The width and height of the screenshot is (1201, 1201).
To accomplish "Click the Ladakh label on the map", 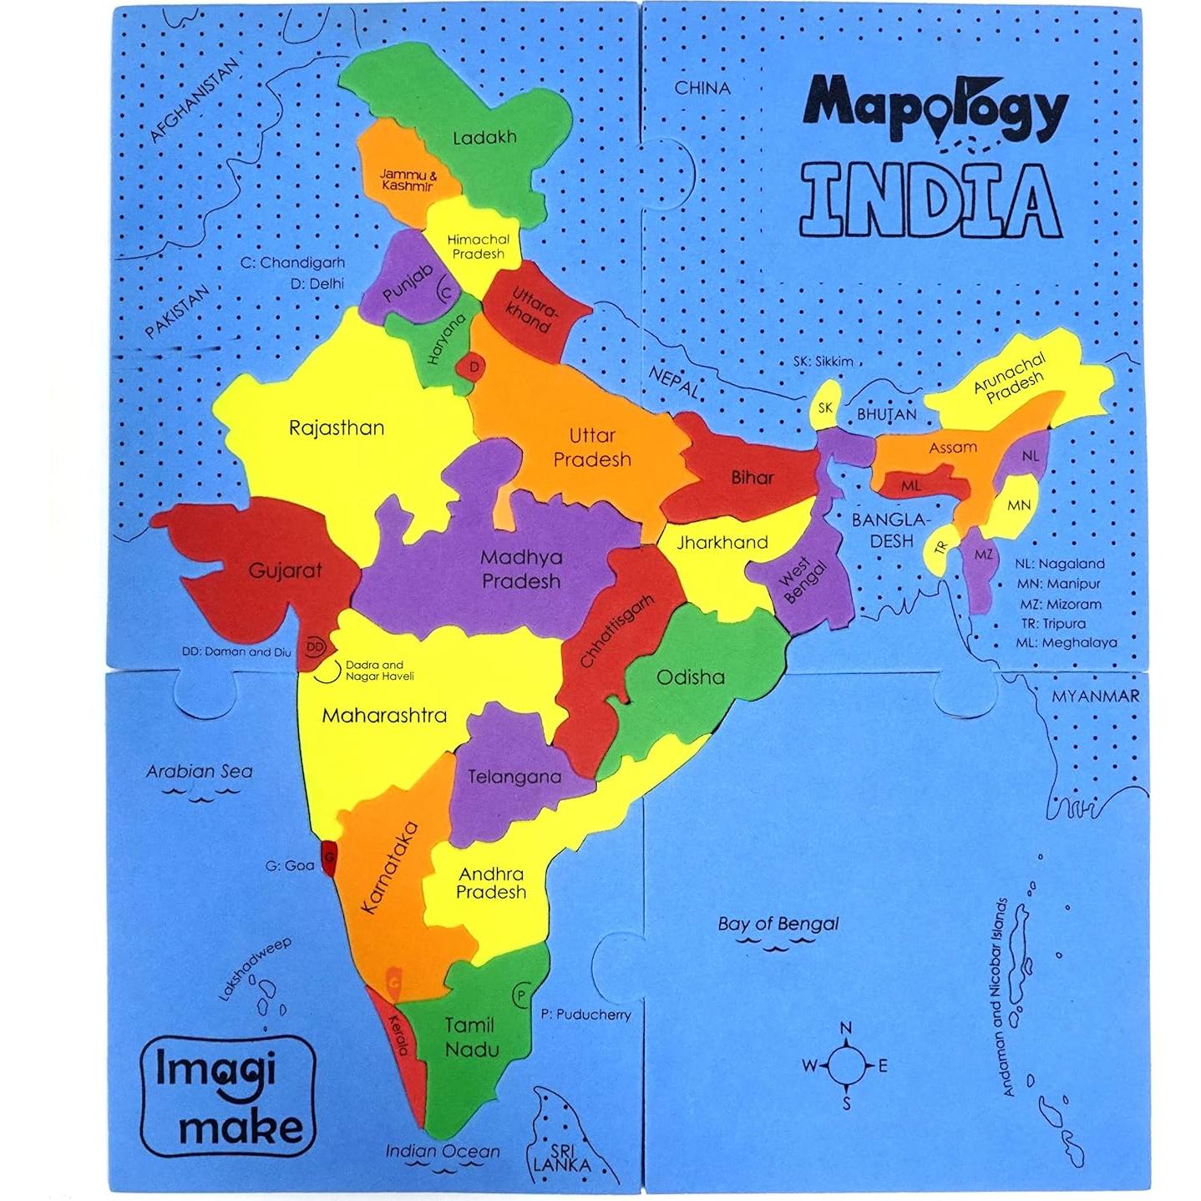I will pos(484,138).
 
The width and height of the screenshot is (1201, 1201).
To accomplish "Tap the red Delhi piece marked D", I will pos(474,367).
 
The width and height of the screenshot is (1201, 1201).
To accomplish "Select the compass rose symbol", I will pos(845,1066).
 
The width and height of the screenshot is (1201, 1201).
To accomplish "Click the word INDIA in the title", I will pos(930,200).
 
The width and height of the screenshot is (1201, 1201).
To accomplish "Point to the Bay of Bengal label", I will pos(778,924).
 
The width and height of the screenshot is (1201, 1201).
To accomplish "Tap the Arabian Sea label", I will pos(199,772).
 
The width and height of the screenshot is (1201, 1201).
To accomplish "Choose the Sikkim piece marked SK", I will pos(825,408).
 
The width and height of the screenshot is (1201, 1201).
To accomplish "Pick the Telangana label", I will pos(514,777).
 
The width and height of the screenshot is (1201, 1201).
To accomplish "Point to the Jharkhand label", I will pos(722,543).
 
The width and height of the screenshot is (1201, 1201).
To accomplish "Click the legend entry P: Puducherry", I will pos(585,1015).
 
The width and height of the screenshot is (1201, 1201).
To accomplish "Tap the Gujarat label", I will pos(285,571).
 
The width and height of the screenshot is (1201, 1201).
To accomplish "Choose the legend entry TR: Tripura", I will pos(1052,624).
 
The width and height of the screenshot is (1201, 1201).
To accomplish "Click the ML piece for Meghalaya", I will pos(910,485).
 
